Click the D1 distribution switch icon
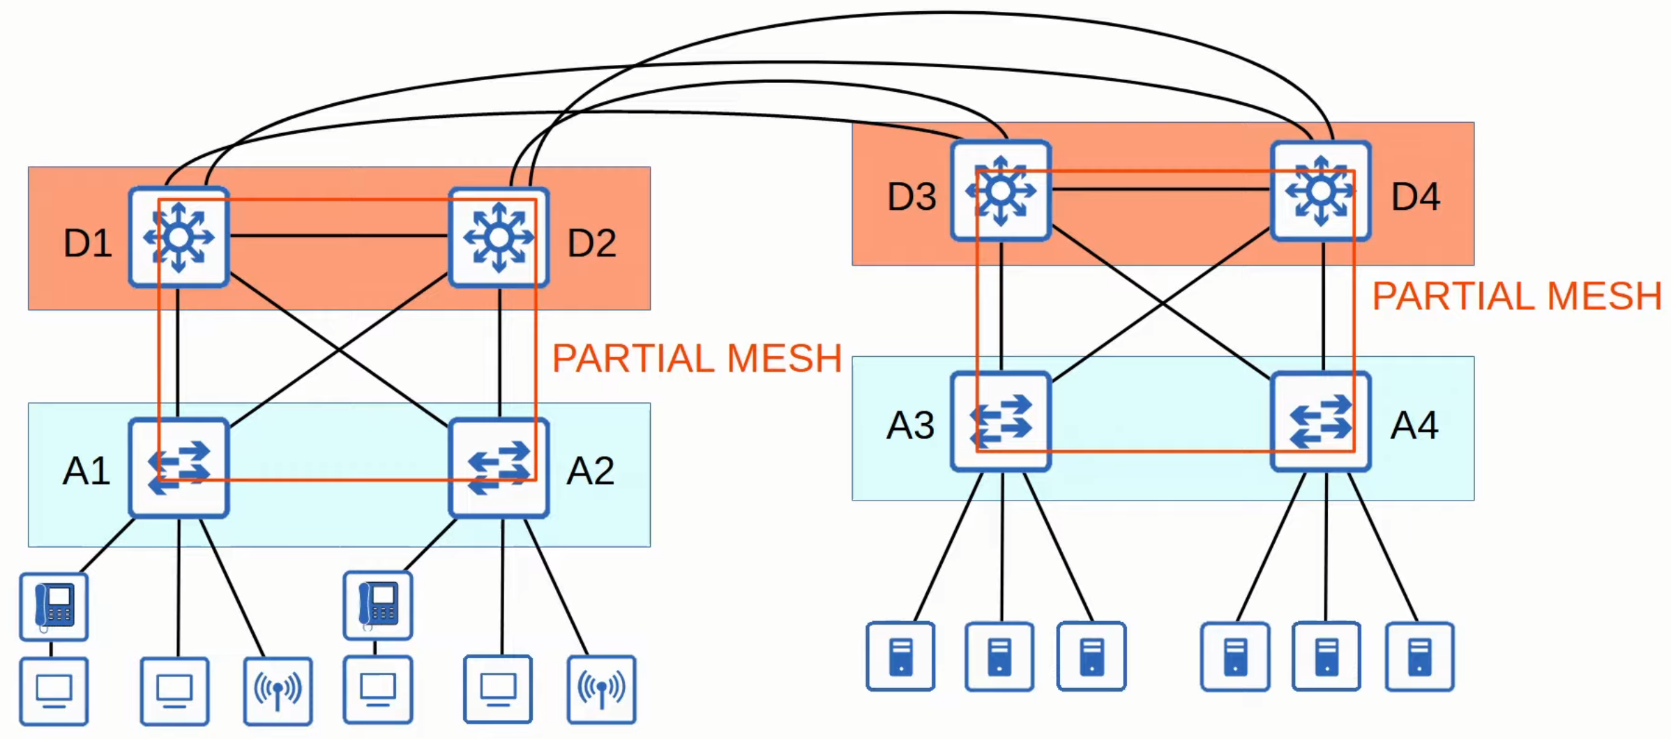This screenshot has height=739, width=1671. (179, 237)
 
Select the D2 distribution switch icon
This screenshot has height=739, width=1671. (499, 237)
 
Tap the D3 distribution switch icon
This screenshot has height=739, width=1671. (1001, 190)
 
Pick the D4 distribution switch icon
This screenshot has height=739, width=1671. (1321, 191)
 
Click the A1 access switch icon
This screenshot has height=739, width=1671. (179, 468)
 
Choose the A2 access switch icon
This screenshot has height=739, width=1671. (499, 468)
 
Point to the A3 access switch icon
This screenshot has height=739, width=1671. (1001, 422)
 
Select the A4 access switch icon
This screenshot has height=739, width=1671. (1321, 422)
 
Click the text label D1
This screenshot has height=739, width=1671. (88, 243)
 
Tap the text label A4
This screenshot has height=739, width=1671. (1414, 425)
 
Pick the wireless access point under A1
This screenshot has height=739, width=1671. (278, 691)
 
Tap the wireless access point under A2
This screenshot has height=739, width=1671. (601, 689)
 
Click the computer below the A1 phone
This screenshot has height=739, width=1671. (54, 691)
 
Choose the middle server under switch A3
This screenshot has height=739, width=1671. (999, 656)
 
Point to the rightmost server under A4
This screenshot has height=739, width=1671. (1419, 656)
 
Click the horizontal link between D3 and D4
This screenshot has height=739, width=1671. (1160, 189)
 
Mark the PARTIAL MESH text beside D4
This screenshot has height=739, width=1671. (1517, 296)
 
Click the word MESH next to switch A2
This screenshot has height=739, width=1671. (784, 358)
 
